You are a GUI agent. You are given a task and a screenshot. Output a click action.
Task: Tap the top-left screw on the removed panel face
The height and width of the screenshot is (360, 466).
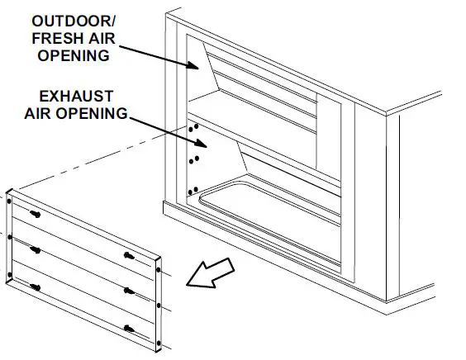pyautogui.click(x=36, y=215)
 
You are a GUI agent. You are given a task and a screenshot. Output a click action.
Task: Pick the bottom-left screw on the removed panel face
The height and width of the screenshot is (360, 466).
pyautogui.click(x=36, y=286)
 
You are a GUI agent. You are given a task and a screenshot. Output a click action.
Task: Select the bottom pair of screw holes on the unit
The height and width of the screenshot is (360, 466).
pyautogui.click(x=193, y=192)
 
